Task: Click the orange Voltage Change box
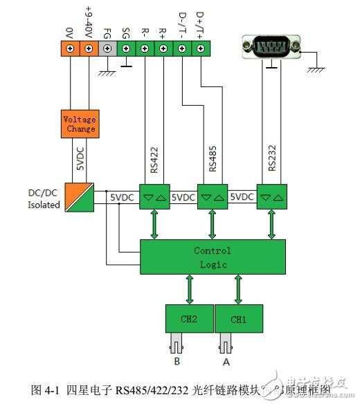[x=80, y=124]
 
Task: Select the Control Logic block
[x=213, y=257]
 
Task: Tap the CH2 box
[x=188, y=320]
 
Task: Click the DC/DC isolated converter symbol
[x=81, y=197]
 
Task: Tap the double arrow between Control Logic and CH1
[x=239, y=289]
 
